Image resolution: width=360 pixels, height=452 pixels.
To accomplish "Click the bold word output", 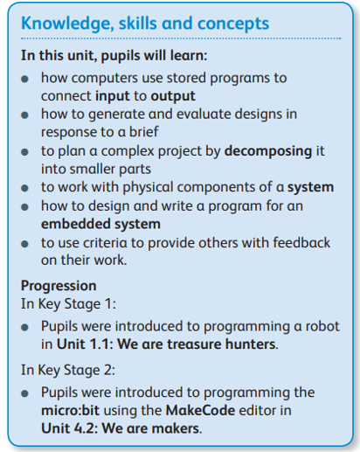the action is click(173, 96).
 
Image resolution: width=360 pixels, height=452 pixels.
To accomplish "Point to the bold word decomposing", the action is click(268, 151).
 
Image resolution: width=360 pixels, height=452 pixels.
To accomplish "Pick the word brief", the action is click(143, 132).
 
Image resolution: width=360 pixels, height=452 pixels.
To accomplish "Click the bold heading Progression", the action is click(59, 286).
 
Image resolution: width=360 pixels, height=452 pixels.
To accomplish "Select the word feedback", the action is click(301, 242).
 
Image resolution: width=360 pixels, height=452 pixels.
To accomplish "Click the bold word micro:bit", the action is click(70, 410).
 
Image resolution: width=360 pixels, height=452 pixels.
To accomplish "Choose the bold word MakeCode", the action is click(200, 410).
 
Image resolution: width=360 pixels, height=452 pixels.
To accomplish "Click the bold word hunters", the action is click(251, 344).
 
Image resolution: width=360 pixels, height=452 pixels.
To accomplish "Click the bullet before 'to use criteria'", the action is click(25, 244).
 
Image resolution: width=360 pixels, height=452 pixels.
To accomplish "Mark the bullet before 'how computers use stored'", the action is click(25, 79).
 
